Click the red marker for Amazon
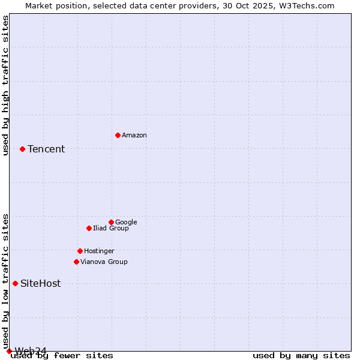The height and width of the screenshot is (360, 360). coord(118,135)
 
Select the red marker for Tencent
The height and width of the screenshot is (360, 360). coord(22,149)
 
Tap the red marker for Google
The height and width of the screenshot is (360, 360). coord(111,222)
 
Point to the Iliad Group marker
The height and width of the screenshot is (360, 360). coord(89,228)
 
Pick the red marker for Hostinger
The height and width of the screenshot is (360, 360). coord(80,251)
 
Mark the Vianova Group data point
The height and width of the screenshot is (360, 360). coord(76,262)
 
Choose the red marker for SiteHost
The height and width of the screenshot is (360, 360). coord(15,283)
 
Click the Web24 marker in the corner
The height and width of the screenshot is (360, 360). coord(9,351)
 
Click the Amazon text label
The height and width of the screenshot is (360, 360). coord(134,136)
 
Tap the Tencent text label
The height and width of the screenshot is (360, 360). coord(46,149)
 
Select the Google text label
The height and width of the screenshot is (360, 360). coord(126,223)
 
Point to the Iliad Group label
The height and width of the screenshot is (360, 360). coord(111,229)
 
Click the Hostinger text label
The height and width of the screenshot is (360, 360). coord(99,251)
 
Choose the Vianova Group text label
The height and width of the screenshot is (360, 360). coord(104,262)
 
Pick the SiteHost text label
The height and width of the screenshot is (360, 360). coord(40,284)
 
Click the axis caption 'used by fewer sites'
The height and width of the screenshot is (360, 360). coord(62,356)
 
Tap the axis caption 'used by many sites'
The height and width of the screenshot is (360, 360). coord(301,356)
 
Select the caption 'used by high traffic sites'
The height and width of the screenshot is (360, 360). coord(6,85)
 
